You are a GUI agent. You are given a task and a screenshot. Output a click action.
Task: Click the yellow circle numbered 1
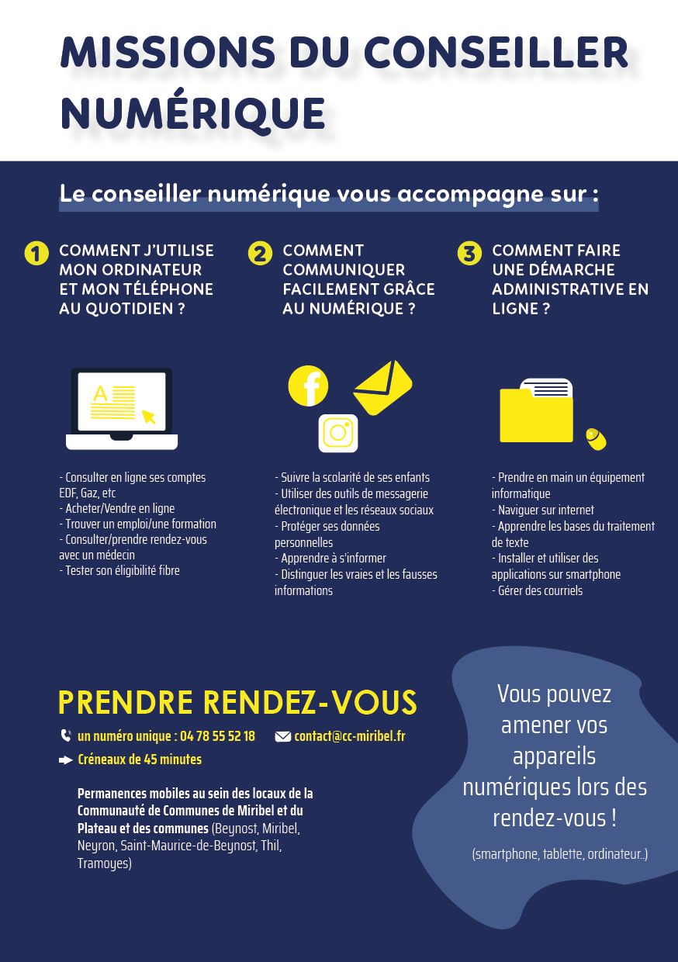click(36, 254)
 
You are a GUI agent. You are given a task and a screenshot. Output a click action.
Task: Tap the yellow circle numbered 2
click(260, 254)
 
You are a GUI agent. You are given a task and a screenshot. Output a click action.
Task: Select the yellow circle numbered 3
click(469, 254)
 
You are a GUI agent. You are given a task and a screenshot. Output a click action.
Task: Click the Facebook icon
click(308, 386)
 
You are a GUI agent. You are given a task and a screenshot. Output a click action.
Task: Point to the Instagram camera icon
click(338, 433)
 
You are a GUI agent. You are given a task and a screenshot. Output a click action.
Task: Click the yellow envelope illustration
click(382, 387)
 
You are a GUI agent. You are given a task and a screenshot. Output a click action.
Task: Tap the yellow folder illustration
click(537, 414)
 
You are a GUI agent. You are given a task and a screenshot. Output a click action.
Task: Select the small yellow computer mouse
click(596, 439)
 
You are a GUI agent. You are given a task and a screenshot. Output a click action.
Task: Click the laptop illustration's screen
click(122, 402)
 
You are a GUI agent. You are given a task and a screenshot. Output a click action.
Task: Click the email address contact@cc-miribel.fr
click(350, 736)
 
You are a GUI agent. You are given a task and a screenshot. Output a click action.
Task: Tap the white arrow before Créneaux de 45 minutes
click(66, 760)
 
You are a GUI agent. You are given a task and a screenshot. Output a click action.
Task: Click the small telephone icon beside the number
click(66, 736)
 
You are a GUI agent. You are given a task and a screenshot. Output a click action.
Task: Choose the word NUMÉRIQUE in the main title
click(192, 113)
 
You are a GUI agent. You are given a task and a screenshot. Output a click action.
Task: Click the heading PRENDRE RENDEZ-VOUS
click(237, 703)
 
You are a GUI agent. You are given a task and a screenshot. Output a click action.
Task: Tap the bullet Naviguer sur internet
click(545, 510)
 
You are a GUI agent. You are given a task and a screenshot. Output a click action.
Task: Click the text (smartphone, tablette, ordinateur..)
click(559, 854)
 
